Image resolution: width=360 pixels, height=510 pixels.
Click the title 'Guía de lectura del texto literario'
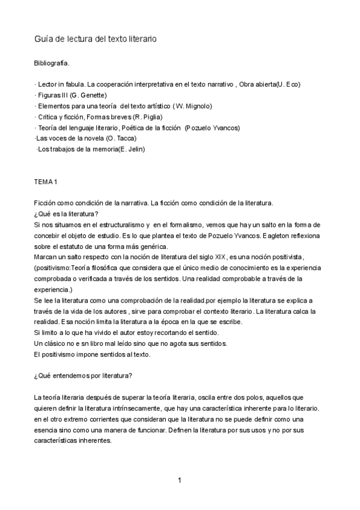coord(96,38)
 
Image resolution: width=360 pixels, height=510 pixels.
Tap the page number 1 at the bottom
coord(179,480)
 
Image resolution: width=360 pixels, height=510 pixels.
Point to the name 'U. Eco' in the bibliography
coord(287,84)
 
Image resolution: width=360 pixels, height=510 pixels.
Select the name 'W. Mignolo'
coord(193,106)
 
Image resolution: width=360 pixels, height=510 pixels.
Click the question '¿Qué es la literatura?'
coord(67,214)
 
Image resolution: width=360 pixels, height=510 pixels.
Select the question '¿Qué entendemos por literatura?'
coord(84,376)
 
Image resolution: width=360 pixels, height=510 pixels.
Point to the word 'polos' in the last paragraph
coord(237,398)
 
